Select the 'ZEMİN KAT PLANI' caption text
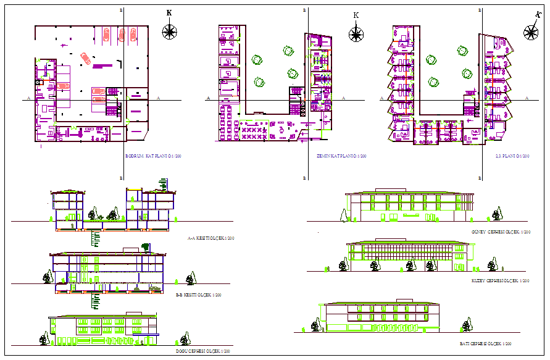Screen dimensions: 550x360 [336, 157]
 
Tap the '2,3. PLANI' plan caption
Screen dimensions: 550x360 [512, 157]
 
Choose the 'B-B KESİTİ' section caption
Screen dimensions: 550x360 [199, 295]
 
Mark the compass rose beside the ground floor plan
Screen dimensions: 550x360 [356, 33]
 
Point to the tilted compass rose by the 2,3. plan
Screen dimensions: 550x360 [530, 33]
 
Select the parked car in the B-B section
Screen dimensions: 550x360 [154, 288]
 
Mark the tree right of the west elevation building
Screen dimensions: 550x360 [466, 325]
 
